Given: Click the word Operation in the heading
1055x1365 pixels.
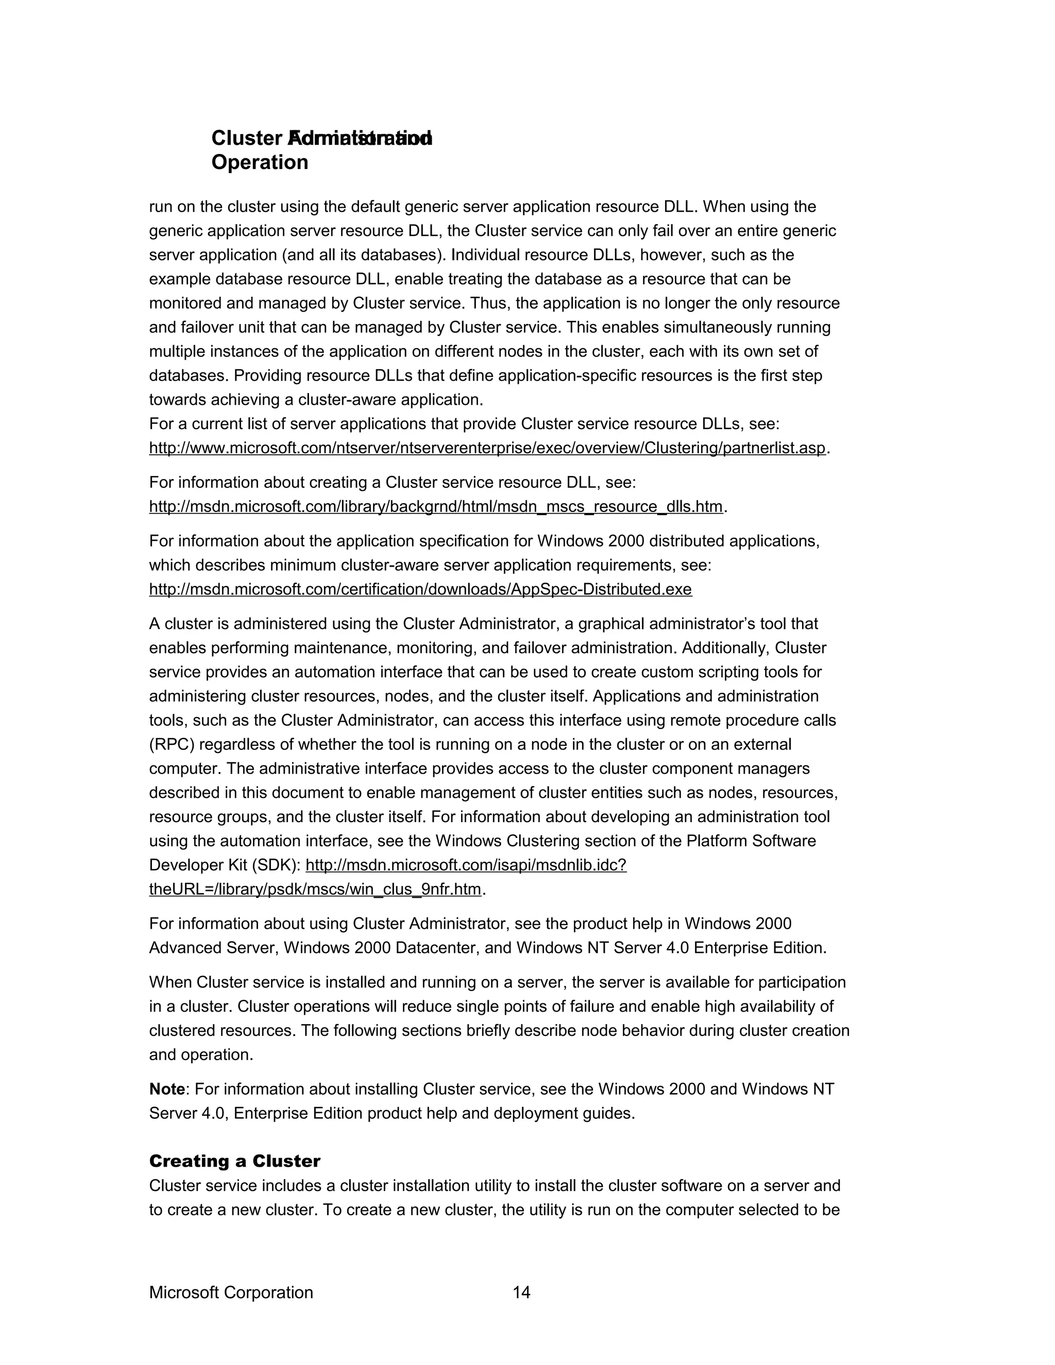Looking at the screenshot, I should coord(260,162).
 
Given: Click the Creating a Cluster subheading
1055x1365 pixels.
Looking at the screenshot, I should coord(234,1161).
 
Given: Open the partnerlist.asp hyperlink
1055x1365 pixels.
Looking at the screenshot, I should coord(487,448).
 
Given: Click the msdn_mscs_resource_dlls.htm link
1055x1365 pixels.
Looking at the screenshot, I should coord(436,506).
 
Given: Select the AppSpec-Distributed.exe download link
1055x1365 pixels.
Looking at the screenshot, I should coord(420,589).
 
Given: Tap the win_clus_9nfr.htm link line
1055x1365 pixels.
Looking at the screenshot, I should coord(315,890).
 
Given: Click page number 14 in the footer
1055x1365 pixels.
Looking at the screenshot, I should coord(521,1292).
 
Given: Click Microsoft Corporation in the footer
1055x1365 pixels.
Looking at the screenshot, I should coord(231,1292).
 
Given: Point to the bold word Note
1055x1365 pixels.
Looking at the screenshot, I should coord(167,1089).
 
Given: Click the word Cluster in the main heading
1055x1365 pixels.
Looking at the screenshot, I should coord(247,138).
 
